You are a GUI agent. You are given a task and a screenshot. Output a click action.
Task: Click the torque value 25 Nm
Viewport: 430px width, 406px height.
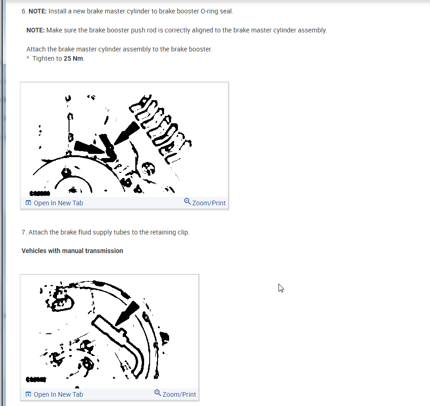(74, 58)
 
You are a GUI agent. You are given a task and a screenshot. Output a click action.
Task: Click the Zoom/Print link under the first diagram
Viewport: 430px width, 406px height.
(209, 203)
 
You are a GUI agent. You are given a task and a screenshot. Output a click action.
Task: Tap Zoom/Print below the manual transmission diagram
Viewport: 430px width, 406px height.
(179, 394)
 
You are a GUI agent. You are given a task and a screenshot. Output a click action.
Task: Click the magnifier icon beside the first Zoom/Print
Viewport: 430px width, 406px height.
(187, 201)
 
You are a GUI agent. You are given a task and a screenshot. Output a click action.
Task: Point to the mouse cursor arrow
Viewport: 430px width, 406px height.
(281, 288)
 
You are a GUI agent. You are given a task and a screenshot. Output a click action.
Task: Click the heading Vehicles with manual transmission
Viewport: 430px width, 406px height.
(72, 251)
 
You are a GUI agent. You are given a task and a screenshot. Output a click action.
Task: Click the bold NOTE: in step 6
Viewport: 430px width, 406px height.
(38, 11)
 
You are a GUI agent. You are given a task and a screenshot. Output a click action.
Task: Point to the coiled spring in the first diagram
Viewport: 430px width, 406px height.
(160, 129)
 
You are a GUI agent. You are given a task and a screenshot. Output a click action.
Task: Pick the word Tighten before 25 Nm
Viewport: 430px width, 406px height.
(44, 58)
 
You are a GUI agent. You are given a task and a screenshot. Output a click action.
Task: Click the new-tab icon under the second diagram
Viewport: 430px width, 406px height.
(28, 394)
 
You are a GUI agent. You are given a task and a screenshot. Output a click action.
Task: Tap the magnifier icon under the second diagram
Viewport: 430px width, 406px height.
(158, 393)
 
